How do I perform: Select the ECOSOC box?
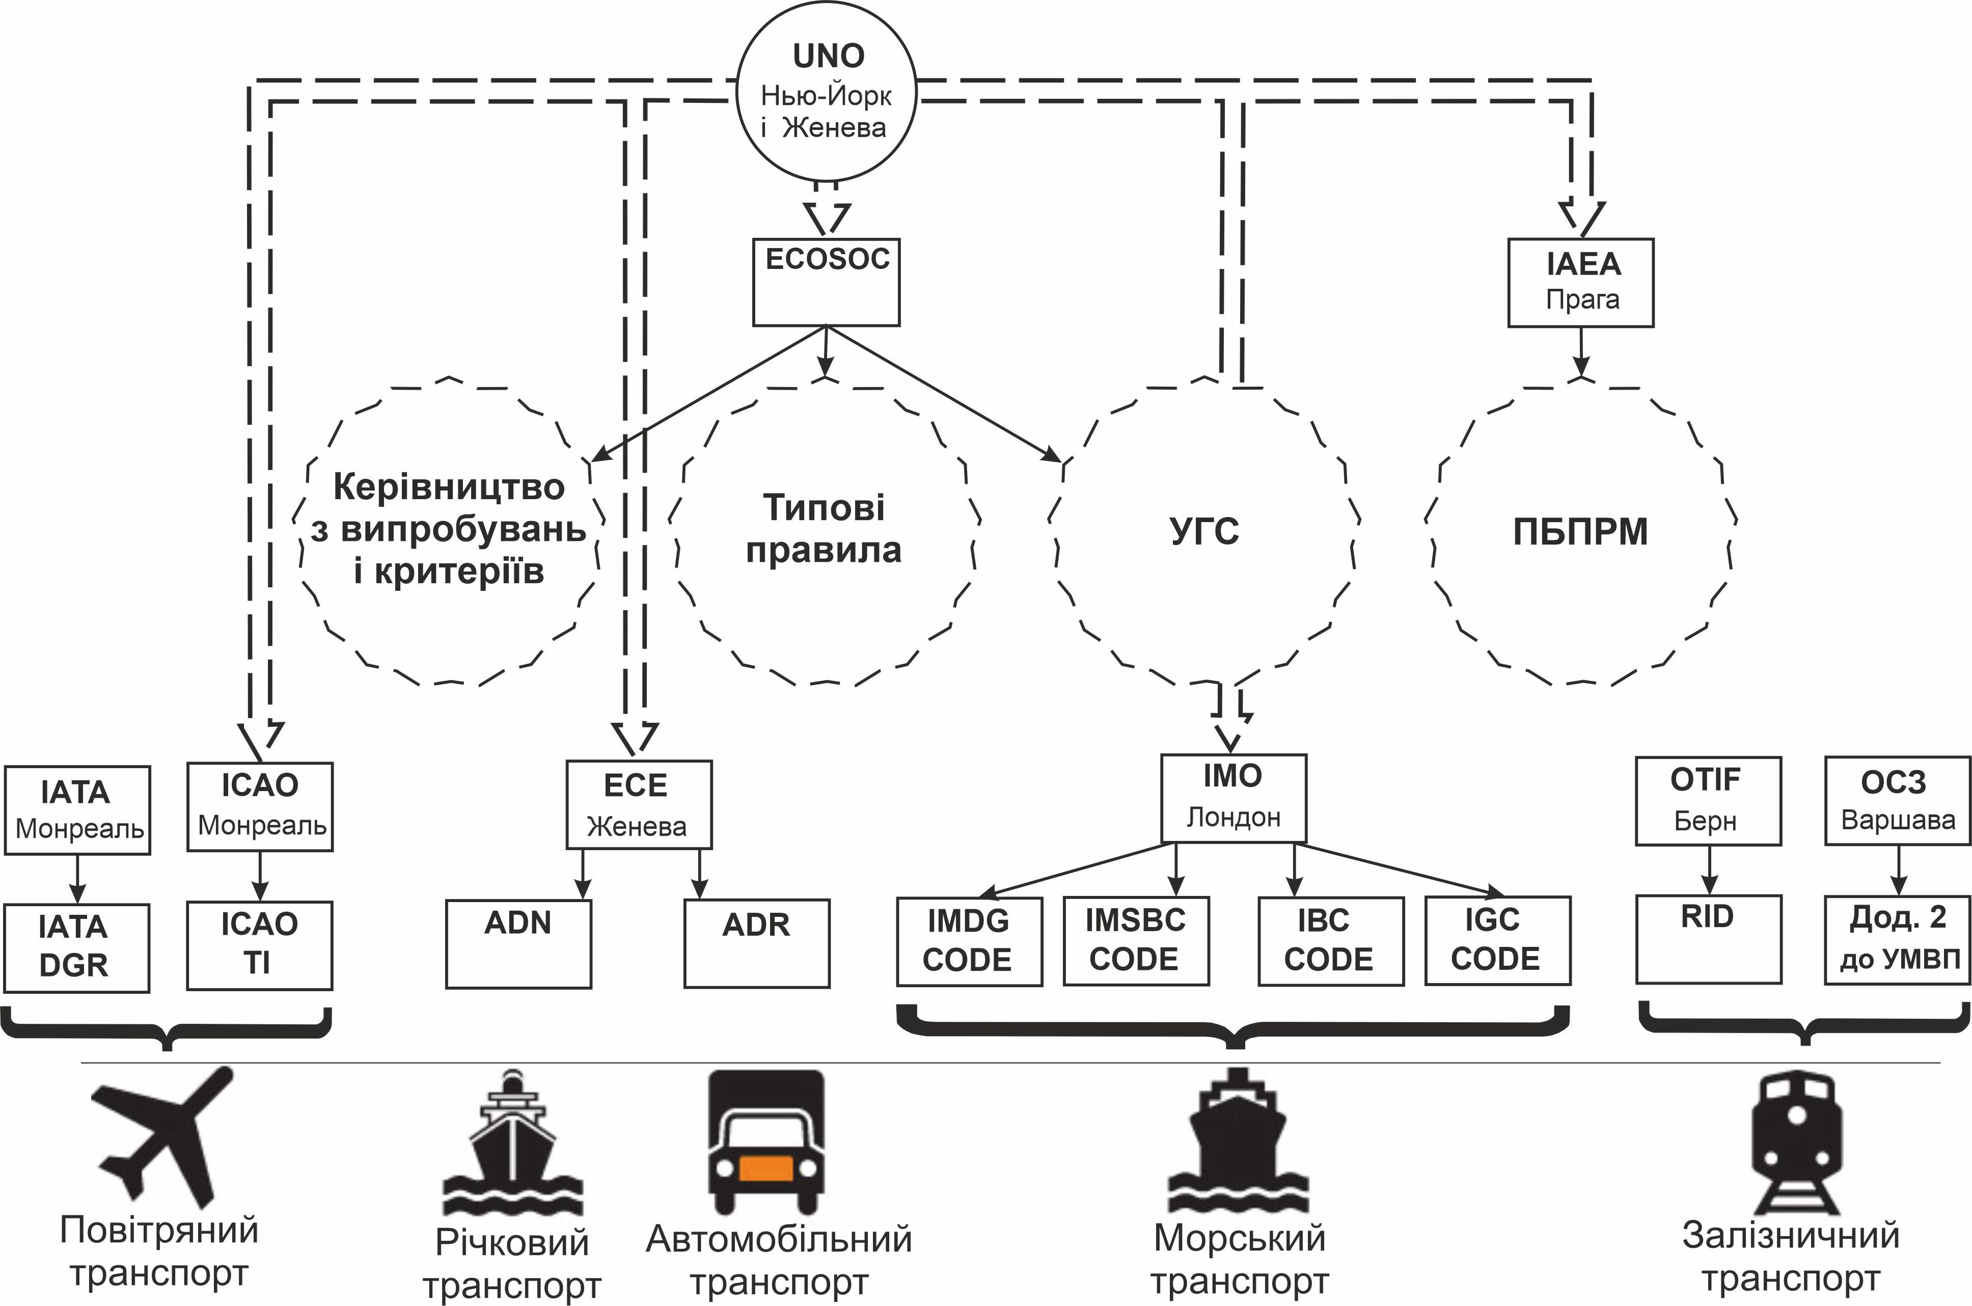point(826,282)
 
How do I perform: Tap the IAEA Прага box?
point(1580,282)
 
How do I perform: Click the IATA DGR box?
point(76,948)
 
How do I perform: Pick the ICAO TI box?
point(259,945)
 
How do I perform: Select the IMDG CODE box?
point(969,941)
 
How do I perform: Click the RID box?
point(1708,939)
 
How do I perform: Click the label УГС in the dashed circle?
point(1204,531)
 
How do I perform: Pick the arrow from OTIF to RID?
point(1709,870)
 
